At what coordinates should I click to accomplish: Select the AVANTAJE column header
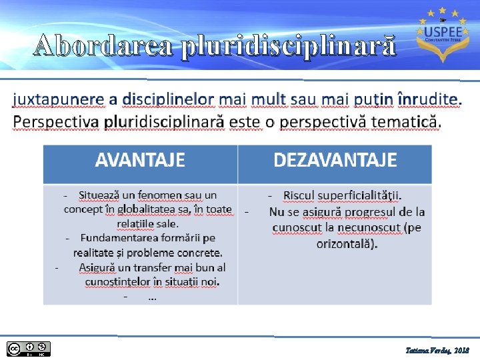click(x=140, y=161)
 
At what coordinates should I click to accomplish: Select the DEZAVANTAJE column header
click(x=335, y=161)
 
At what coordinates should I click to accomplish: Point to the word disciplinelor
click(x=167, y=99)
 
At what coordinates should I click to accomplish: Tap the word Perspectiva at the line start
click(x=56, y=123)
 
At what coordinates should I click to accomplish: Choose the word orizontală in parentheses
click(x=345, y=243)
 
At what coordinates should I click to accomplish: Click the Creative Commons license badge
click(x=29, y=348)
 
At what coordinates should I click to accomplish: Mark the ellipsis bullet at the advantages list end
click(x=152, y=297)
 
